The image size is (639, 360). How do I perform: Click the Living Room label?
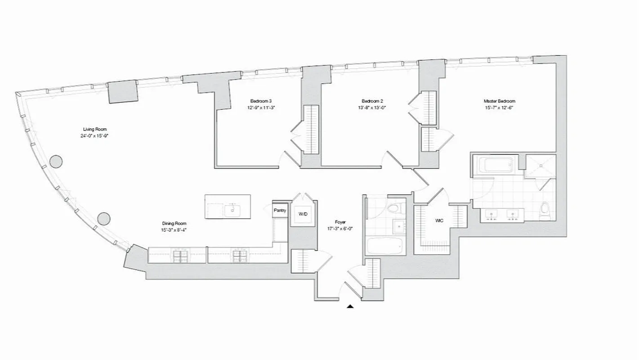point(95,129)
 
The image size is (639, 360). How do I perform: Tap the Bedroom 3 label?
point(261,101)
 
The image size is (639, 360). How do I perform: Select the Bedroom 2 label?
point(372,101)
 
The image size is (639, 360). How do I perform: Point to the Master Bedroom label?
point(499,101)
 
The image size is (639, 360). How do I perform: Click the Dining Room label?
point(174,223)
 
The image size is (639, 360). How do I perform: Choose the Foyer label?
point(340,222)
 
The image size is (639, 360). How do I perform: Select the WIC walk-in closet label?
point(439,221)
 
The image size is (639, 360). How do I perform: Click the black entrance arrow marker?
point(350,307)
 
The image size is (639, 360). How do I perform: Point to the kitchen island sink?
point(232,210)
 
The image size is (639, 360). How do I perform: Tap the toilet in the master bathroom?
point(545,211)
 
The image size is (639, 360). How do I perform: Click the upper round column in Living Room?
point(56,161)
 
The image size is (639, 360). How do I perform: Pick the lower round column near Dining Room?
point(104,219)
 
